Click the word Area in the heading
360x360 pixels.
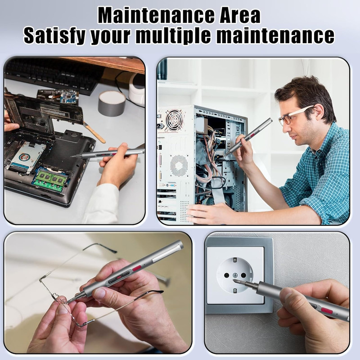(240, 15)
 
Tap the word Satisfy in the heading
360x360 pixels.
(54, 36)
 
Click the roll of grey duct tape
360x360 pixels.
(112, 103)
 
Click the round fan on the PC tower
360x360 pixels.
(174, 120)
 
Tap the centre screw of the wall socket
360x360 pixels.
(235, 275)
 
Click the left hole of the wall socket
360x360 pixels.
(226, 275)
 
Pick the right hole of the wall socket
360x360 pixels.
(243, 275)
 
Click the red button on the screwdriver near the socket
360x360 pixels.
(327, 311)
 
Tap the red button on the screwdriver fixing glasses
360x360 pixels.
(136, 268)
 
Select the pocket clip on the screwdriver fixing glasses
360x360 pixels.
(166, 253)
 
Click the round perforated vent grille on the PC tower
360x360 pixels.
(179, 166)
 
